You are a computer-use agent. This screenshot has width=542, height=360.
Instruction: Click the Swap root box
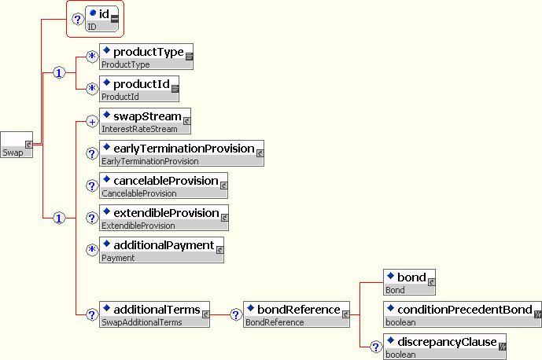coord(17,145)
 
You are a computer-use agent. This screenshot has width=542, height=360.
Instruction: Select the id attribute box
coord(102,19)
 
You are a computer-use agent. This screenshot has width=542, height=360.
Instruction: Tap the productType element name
coord(149,52)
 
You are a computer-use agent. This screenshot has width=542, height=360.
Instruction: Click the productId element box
coord(139,89)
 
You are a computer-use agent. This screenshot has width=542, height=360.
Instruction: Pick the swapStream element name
coord(147,116)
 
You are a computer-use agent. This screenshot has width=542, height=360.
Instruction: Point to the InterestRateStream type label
coord(139,129)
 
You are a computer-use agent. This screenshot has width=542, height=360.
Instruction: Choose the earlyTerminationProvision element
coord(182,153)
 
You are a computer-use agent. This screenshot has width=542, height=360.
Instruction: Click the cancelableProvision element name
coord(165,181)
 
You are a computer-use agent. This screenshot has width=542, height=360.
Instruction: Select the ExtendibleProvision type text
coord(138,226)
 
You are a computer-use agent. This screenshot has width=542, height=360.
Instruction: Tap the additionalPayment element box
coord(162,250)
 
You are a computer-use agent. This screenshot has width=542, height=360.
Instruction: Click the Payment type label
coord(118,258)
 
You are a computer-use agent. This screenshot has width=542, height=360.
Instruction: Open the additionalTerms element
coord(154,314)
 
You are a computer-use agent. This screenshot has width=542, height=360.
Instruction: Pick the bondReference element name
coord(299,310)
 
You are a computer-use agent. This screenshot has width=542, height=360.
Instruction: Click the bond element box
coord(409,282)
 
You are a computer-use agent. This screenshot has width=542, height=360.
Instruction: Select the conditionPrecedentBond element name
coord(465,310)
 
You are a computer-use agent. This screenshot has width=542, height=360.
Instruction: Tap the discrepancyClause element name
coord(447,342)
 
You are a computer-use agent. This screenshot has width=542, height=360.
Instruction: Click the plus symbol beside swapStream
coord(92,122)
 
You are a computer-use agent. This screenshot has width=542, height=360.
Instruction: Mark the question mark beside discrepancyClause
coord(376,347)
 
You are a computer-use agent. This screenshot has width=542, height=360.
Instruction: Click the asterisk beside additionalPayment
coord(92,250)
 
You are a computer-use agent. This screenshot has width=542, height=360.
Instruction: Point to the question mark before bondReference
coord(236,314)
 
